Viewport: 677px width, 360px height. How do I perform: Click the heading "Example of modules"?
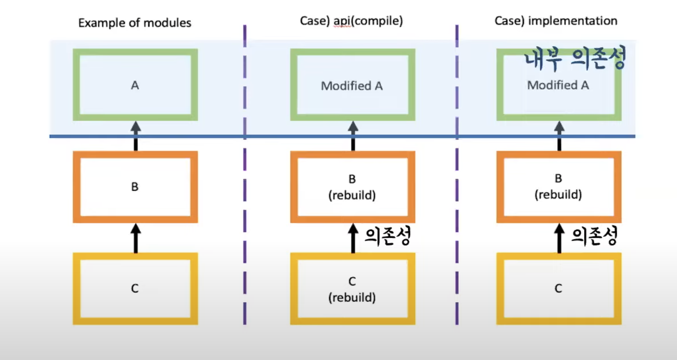pos(135,23)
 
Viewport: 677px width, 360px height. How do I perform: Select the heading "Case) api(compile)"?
pos(351,21)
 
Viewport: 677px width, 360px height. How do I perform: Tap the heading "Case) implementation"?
pos(556,21)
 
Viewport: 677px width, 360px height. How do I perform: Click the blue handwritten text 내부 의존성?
pos(575,58)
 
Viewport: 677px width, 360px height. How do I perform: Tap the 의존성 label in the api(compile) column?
pos(388,236)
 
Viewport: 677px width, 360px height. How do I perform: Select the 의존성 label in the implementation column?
pos(594,236)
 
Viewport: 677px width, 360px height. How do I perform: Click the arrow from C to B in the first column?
pos(136,238)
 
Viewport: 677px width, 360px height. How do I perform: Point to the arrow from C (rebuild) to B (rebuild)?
pos(353,238)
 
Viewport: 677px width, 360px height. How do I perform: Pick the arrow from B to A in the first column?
pos(136,136)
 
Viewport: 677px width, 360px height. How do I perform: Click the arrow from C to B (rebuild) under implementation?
pos(559,238)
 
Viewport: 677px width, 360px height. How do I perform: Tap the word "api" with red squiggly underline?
pos(342,21)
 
